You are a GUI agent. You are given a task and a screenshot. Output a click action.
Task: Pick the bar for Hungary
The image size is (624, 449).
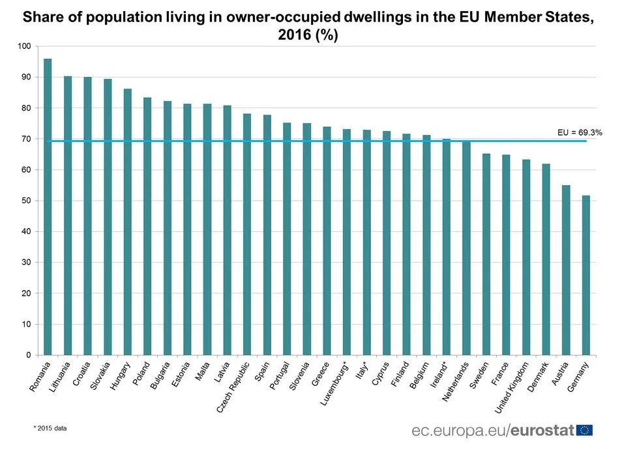pyautogui.click(x=127, y=222)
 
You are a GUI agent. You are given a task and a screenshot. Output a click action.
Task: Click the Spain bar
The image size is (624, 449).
pyautogui.click(x=267, y=235)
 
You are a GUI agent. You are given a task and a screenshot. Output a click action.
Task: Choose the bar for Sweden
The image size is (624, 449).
pyautogui.click(x=486, y=254)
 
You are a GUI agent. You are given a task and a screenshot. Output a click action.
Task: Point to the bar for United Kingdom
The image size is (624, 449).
pyautogui.click(x=526, y=257)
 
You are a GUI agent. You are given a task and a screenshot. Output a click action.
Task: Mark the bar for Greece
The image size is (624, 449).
pyautogui.click(x=327, y=240)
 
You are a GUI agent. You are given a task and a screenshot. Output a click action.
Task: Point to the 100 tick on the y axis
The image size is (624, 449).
pyautogui.click(x=25, y=46)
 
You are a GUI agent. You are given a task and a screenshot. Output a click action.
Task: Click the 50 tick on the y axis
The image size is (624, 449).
pyautogui.click(x=26, y=201)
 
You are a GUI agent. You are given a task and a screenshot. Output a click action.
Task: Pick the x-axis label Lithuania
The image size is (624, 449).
pyautogui.click(x=58, y=379)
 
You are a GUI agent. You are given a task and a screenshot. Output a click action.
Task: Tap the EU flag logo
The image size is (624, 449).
pyautogui.click(x=585, y=430)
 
